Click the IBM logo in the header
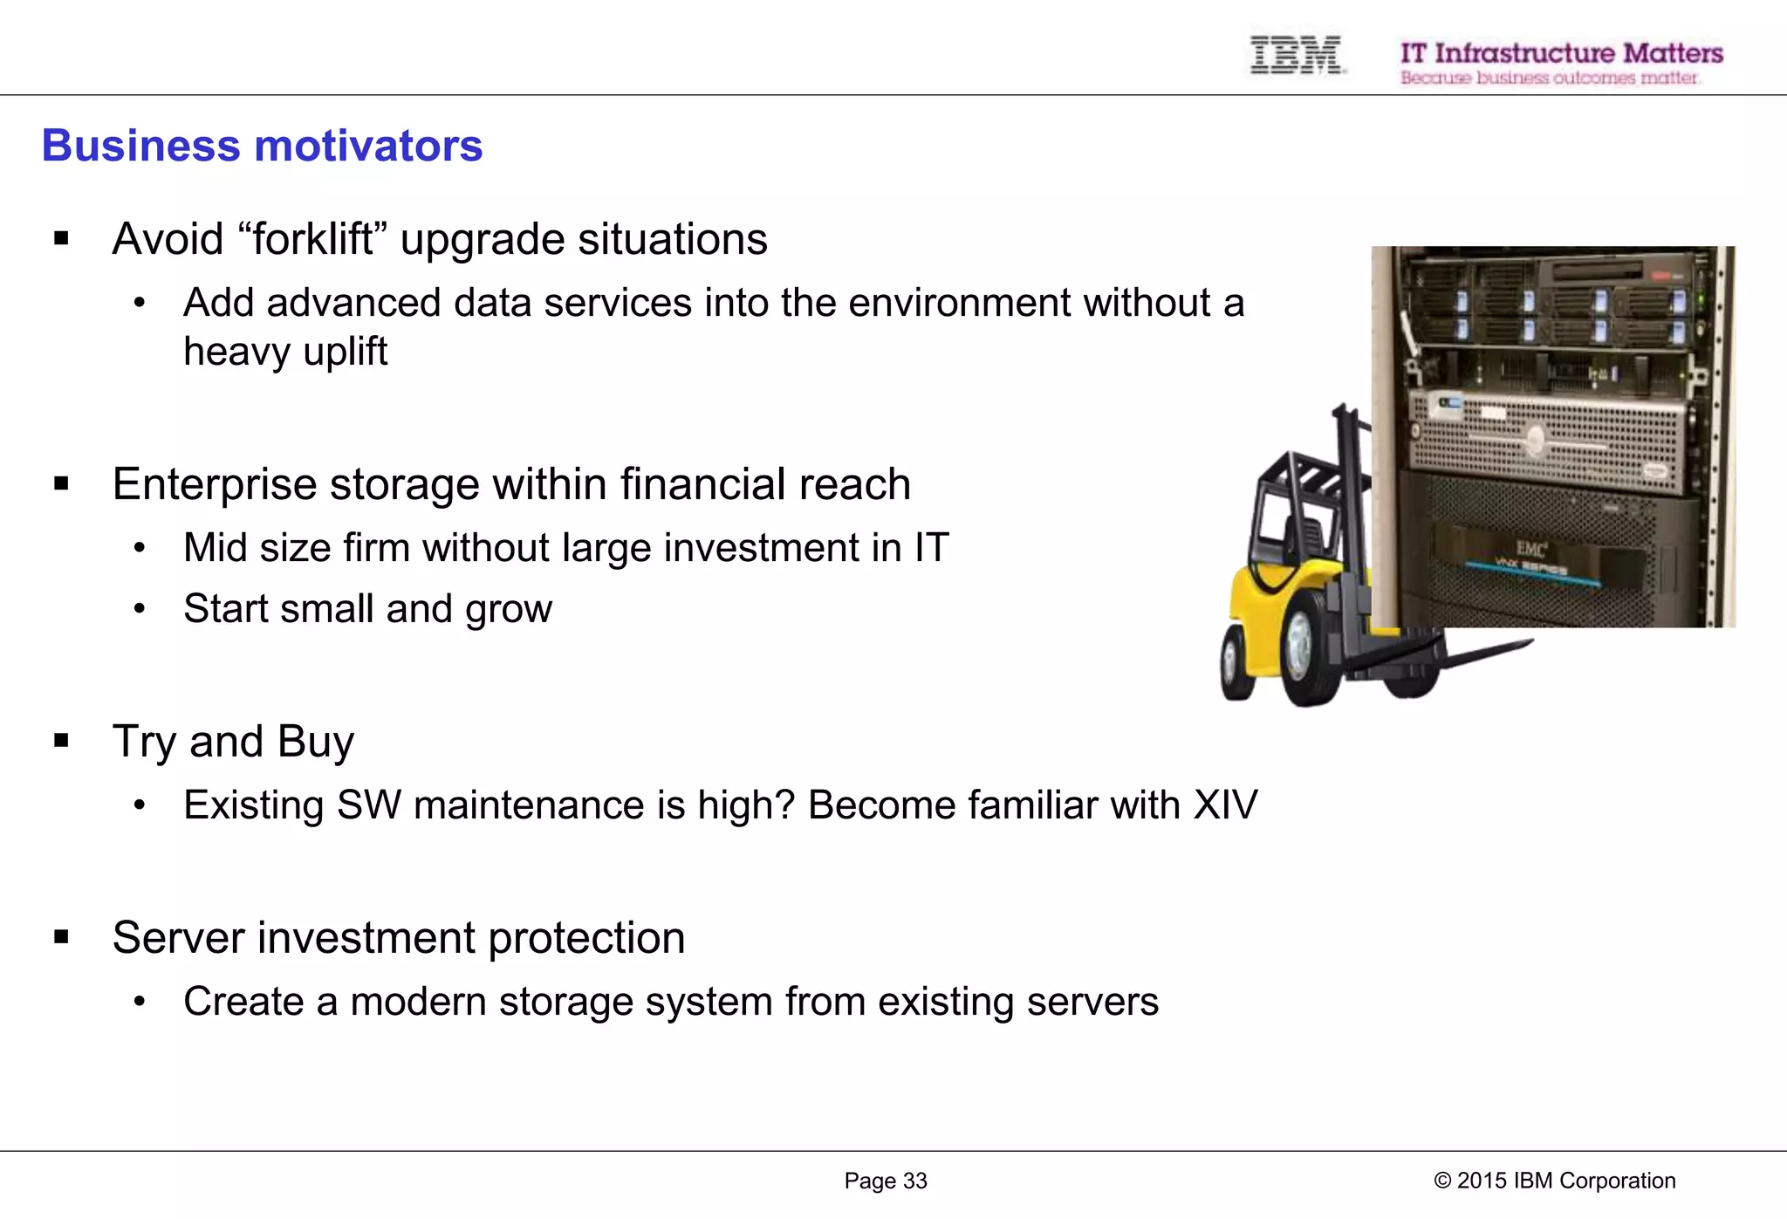pos(1296,55)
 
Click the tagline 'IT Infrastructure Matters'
pos(1561,53)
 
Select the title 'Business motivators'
pos(262,146)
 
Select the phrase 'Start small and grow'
pos(367,609)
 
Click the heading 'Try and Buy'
pos(233,742)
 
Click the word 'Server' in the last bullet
pos(178,938)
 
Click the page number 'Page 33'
pos(885,1181)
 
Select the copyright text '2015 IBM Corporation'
pos(1565,1181)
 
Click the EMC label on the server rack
pos(1530,548)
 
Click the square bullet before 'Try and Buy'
pos(61,742)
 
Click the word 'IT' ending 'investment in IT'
pos(931,548)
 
